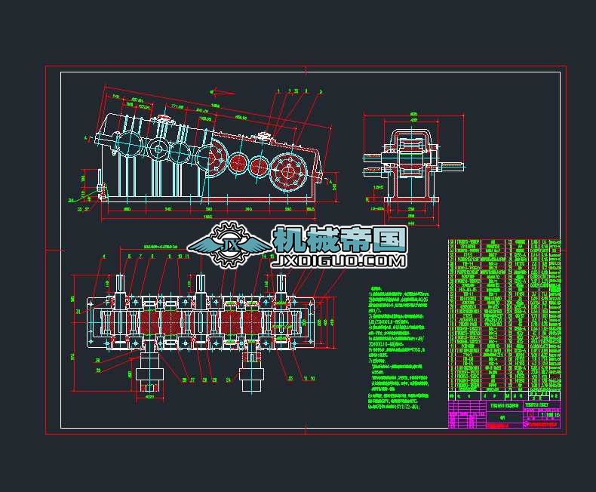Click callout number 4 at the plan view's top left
click(103, 257)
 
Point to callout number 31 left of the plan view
click(78, 311)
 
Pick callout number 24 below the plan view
click(228, 380)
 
